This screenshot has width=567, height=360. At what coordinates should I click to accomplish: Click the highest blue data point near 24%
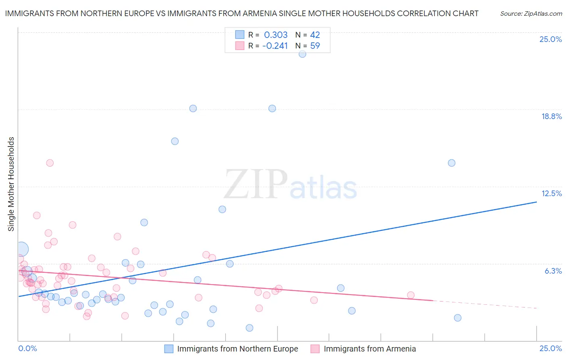[302, 54]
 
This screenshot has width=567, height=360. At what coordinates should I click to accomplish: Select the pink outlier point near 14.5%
[50, 163]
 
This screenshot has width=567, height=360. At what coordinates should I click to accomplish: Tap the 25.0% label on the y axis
[550, 40]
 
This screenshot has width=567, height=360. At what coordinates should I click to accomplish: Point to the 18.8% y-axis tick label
[551, 117]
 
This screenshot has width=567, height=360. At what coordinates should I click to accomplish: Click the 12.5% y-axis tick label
[551, 194]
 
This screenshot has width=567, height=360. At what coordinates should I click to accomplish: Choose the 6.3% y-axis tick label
[553, 271]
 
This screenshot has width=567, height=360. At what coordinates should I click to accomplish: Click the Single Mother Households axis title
[11, 184]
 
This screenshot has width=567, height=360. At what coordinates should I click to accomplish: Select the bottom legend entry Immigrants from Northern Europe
[237, 349]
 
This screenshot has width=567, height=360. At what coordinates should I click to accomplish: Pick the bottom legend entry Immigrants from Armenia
[369, 349]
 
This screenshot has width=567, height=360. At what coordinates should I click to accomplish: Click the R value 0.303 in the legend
[276, 35]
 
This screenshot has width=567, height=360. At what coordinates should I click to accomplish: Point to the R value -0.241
[275, 46]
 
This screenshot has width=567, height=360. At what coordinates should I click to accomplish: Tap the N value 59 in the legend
[315, 46]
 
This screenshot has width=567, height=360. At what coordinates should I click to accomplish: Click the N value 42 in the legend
[315, 35]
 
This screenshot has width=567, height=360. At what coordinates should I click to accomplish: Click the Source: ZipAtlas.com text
[531, 14]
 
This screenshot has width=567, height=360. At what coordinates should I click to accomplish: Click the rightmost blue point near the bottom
[457, 318]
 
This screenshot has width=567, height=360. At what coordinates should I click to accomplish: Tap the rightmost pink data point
[411, 295]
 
